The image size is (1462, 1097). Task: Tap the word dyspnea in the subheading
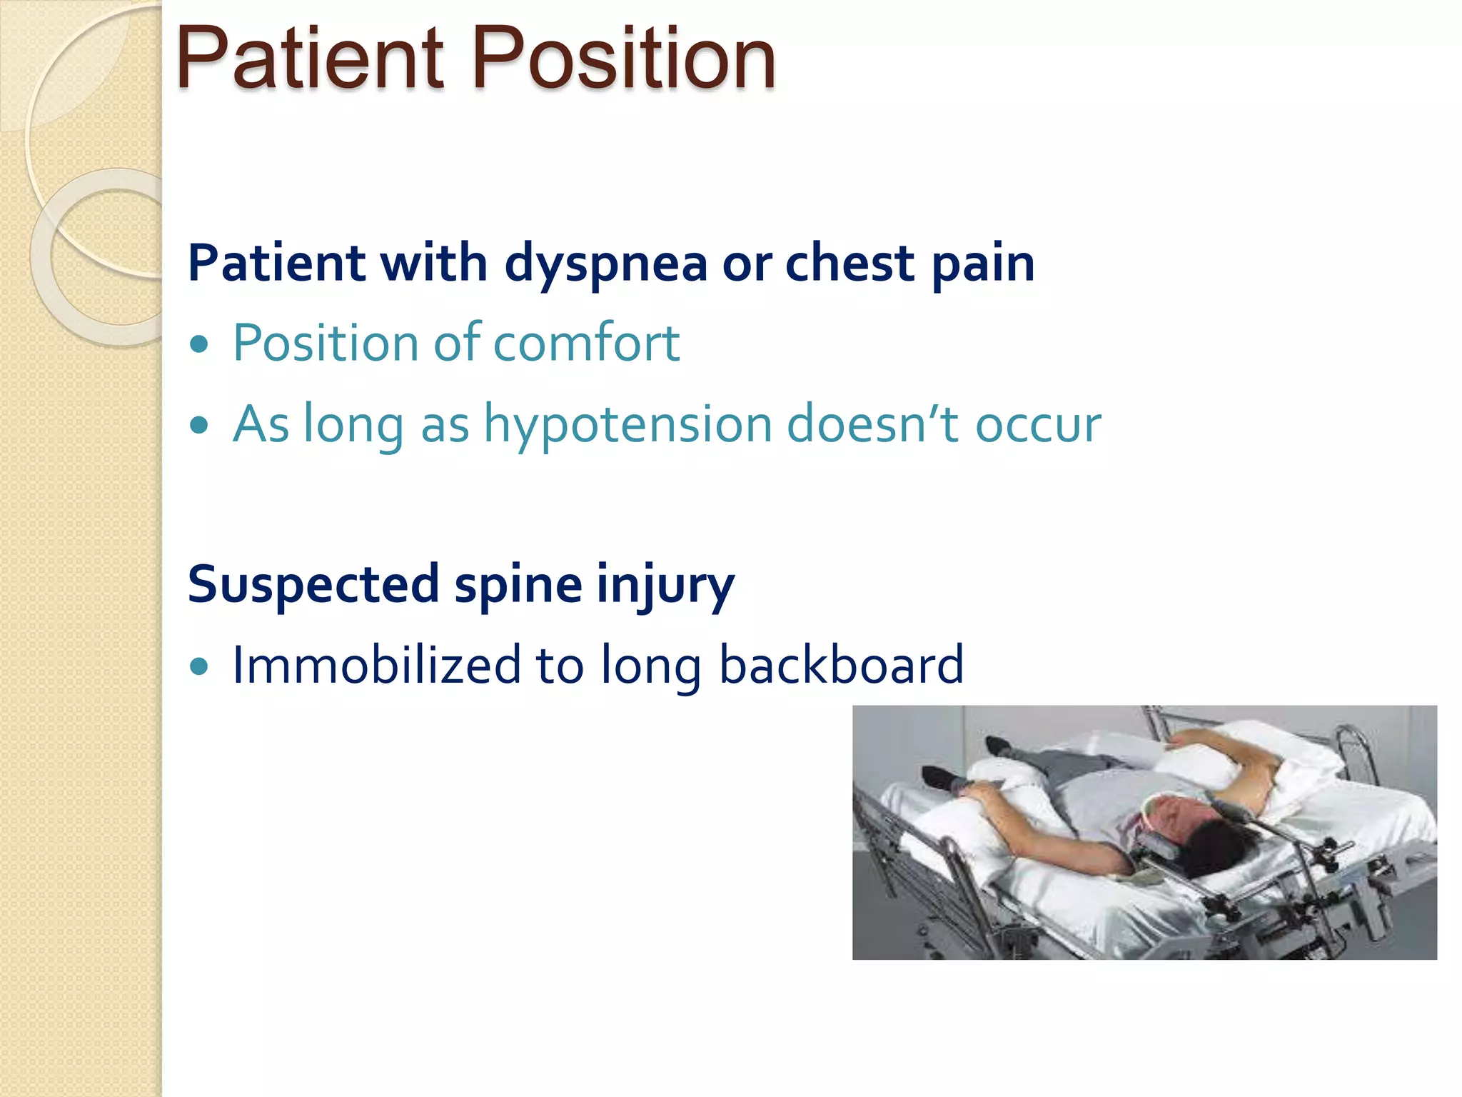tap(605, 263)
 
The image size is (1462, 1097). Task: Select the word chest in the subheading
tap(850, 263)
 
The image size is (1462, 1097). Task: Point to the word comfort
tap(586, 343)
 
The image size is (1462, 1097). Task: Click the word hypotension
tap(627, 424)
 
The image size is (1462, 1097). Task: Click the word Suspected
tap(313, 584)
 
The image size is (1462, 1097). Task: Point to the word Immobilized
tap(376, 665)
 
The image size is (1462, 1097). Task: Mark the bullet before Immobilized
tap(200, 667)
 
